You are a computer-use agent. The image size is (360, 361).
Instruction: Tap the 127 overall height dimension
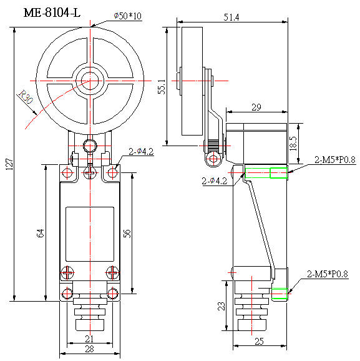(x=7, y=164)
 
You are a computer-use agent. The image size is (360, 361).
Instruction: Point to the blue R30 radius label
(x=26, y=97)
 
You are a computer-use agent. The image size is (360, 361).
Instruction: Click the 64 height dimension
(x=41, y=233)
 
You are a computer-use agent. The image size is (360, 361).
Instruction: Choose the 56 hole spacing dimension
(x=127, y=233)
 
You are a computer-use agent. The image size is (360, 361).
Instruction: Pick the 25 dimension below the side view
(x=258, y=340)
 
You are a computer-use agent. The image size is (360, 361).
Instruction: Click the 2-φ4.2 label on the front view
(x=142, y=151)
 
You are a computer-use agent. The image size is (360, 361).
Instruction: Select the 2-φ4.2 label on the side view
(x=216, y=181)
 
